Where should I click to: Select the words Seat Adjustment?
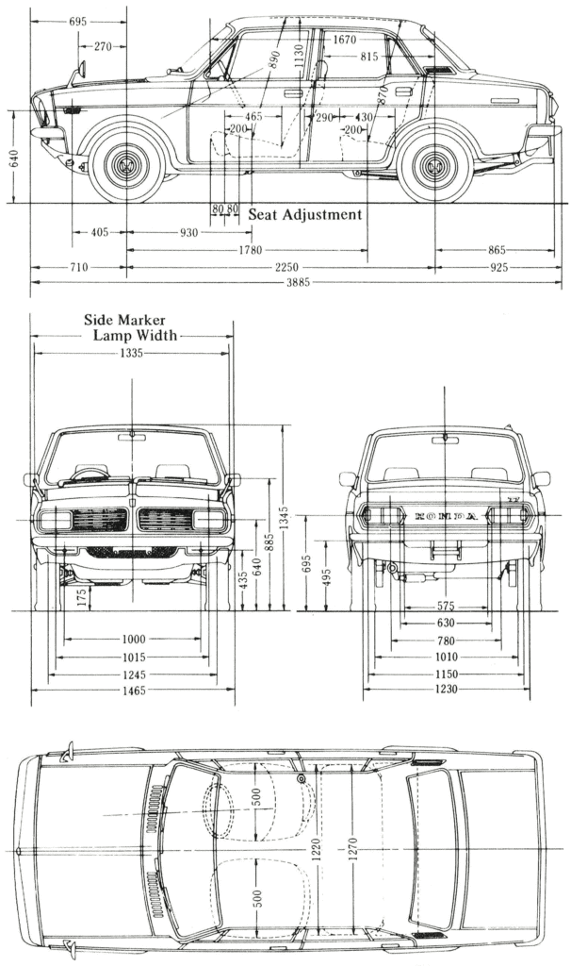click(304, 215)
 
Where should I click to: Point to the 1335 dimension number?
click(131, 353)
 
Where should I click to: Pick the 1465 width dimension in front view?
click(132, 691)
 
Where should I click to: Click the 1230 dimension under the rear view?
click(446, 691)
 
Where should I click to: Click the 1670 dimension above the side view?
click(345, 40)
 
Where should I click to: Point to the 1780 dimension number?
click(249, 250)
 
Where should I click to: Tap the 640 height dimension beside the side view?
click(14, 157)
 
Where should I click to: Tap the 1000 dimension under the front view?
click(132, 641)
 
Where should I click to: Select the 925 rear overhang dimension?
click(498, 268)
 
